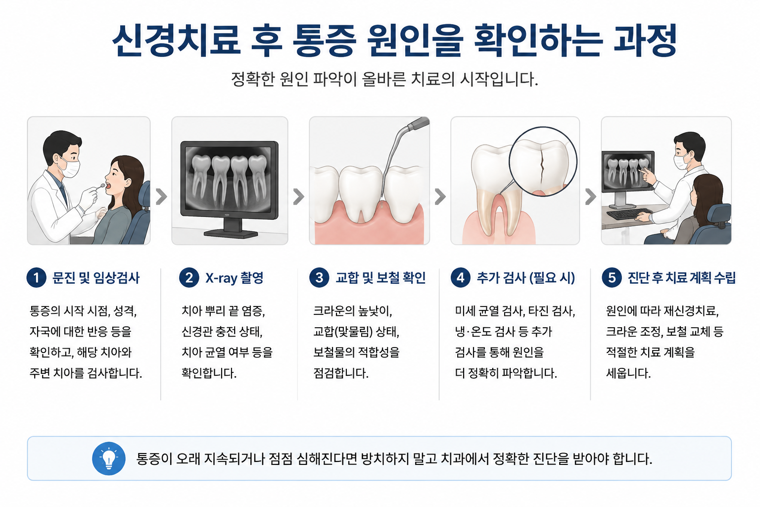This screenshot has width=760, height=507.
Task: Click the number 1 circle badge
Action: (x=36, y=278)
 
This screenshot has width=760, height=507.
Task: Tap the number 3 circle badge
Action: (x=319, y=278)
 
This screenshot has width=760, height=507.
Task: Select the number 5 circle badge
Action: (x=612, y=278)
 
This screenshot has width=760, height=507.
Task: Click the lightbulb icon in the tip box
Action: (x=108, y=458)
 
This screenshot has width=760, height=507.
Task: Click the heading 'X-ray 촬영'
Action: (x=234, y=278)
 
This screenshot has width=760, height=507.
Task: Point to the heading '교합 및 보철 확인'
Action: (x=380, y=278)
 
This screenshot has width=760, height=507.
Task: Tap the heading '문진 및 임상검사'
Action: (x=96, y=278)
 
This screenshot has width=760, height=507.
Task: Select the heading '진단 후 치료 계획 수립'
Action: (x=682, y=278)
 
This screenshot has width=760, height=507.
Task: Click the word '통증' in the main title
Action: (x=325, y=40)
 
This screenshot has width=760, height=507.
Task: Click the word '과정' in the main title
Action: (x=645, y=40)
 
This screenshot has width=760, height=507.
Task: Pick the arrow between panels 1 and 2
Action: (x=161, y=197)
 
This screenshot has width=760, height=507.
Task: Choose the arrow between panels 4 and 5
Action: (x=591, y=197)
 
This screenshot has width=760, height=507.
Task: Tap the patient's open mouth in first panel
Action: (x=108, y=185)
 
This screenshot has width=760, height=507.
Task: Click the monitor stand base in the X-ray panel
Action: (x=231, y=234)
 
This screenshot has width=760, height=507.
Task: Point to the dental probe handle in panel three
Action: (x=418, y=124)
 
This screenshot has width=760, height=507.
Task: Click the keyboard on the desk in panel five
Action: (x=629, y=214)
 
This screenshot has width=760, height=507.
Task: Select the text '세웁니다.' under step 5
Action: (x=628, y=373)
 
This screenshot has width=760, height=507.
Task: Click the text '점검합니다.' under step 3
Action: (x=340, y=373)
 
